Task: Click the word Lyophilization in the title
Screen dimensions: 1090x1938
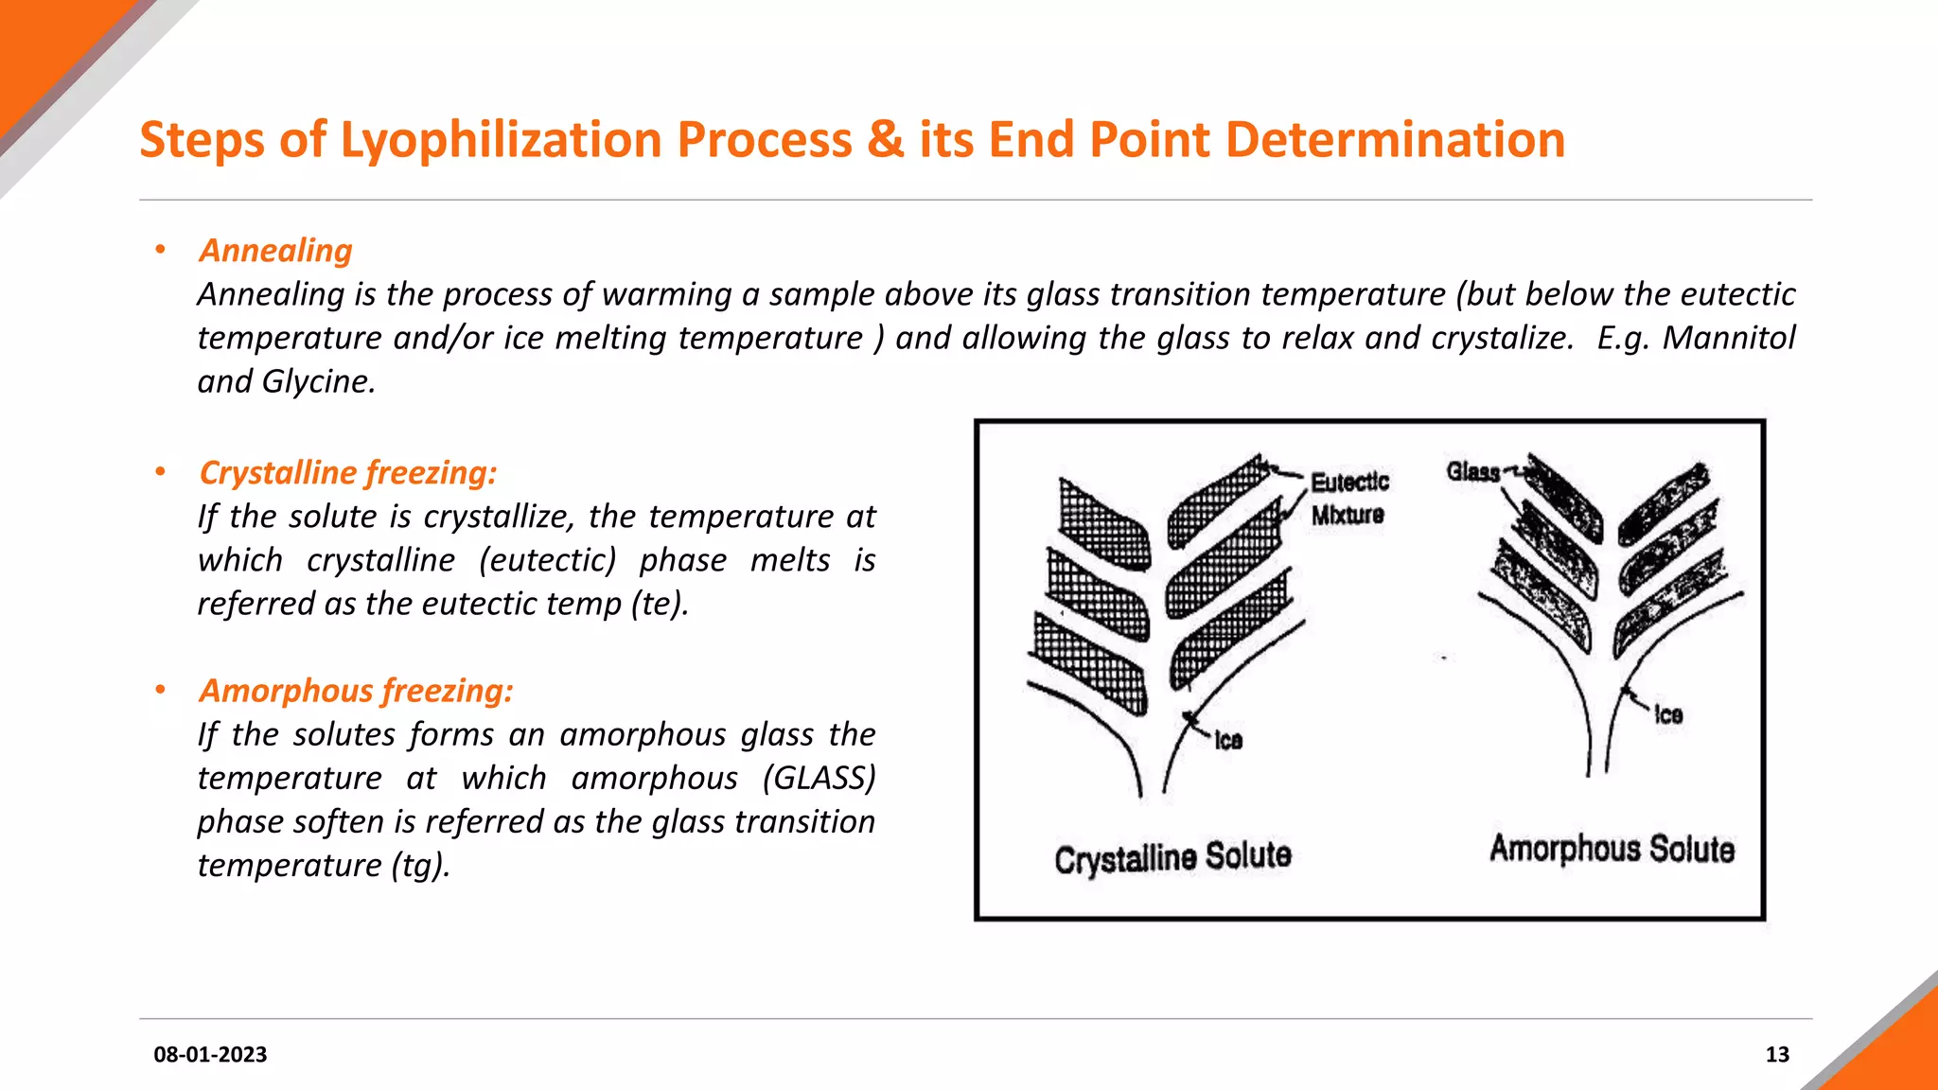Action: (501, 140)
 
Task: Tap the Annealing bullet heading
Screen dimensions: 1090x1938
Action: (275, 251)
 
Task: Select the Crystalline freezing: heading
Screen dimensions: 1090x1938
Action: (347, 472)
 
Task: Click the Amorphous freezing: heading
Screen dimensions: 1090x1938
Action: (356, 691)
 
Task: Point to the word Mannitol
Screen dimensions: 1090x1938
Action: (1728, 338)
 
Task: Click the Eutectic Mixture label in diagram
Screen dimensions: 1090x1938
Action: (1348, 499)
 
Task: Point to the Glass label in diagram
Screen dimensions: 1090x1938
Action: (1472, 471)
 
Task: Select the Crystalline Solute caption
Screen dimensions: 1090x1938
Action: (1172, 857)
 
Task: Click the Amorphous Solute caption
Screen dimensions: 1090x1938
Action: (1612, 849)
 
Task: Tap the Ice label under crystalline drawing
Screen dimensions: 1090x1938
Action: (1228, 741)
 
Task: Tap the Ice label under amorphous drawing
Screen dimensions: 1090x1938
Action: (1668, 715)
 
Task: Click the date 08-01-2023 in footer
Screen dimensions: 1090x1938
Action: (210, 1054)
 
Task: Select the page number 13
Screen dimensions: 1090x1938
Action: (1776, 1054)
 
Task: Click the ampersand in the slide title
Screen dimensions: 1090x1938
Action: (885, 140)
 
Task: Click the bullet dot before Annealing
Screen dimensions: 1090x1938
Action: (161, 250)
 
